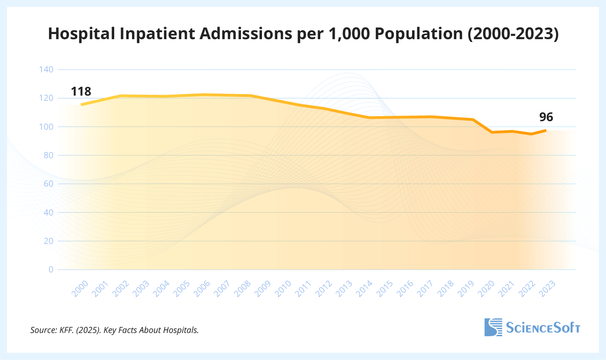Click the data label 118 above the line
tap(81, 91)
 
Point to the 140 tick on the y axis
tap(47, 69)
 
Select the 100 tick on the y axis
tap(47, 127)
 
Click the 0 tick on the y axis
tap(51, 270)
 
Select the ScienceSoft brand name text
tap(543, 327)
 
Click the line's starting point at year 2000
tap(82, 104)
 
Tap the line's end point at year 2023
tap(545, 130)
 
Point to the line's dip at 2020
tap(491, 132)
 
